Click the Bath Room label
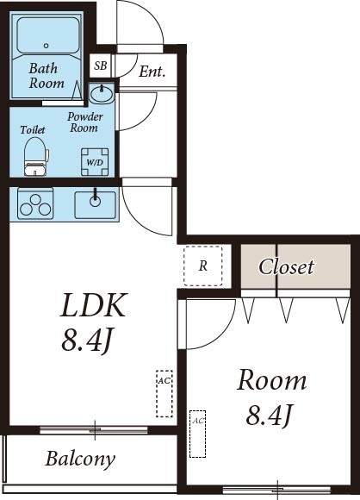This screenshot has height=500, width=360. [x=47, y=76]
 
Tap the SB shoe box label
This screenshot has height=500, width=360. [x=101, y=66]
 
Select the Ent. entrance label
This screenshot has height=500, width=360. [x=152, y=72]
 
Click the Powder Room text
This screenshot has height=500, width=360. [x=85, y=122]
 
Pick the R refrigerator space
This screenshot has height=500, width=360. [x=203, y=266]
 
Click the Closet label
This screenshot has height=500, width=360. [x=287, y=266]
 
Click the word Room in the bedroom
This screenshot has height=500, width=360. [x=272, y=380]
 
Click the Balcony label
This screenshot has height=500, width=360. [x=80, y=458]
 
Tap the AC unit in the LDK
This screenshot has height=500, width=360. [x=163, y=392]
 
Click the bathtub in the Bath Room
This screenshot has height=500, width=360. [x=47, y=39]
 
